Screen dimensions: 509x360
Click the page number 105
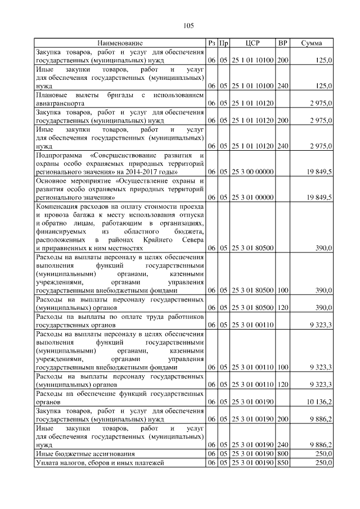point(188,25)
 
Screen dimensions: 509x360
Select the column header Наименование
point(120,43)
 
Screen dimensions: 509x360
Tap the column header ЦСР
point(252,43)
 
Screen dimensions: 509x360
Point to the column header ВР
point(283,43)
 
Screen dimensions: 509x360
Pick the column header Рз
point(211,43)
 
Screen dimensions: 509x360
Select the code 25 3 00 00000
point(252,171)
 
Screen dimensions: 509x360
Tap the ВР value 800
point(283,453)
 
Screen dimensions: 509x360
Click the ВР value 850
point(283,462)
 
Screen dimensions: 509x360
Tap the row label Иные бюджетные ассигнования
point(85,453)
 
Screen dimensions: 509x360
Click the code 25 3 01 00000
point(252,197)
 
